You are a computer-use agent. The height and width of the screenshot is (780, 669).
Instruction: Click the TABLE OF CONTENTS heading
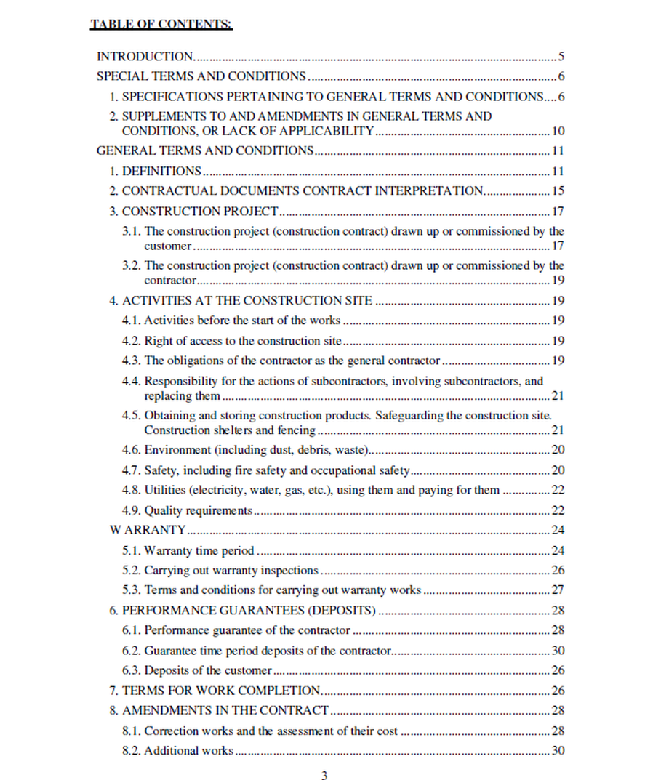point(161,25)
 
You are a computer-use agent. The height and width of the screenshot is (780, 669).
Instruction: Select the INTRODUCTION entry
point(145,56)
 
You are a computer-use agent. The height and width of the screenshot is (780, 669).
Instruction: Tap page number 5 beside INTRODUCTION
point(561,56)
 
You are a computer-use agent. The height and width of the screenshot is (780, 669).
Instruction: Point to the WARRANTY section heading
point(148,530)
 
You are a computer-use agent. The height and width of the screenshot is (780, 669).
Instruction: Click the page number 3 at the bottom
point(324,775)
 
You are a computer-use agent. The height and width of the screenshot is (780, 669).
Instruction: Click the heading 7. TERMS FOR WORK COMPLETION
point(221,691)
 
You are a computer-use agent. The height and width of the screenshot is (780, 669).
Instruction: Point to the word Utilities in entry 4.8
point(167,490)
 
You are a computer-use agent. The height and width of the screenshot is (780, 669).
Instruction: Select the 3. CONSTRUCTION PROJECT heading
point(199,212)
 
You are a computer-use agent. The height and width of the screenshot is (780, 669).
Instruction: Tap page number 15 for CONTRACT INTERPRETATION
point(558,191)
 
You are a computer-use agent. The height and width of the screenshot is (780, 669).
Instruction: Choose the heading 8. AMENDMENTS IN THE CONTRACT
point(225,710)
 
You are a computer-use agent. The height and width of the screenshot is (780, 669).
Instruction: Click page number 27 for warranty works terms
point(558,590)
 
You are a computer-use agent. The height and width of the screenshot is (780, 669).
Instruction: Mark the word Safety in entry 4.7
point(161,470)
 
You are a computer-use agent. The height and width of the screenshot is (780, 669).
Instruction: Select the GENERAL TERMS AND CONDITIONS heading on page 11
point(205,151)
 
